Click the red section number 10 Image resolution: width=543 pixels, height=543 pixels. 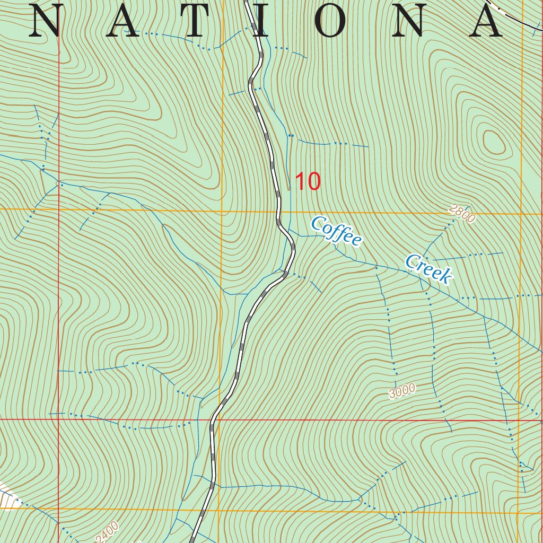308,182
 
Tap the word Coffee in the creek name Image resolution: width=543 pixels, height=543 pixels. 337,231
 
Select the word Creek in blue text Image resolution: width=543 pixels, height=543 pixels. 428,268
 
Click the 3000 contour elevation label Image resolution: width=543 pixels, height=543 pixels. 402,391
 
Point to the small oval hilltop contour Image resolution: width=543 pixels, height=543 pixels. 493,143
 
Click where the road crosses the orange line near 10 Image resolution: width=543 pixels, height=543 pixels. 278,211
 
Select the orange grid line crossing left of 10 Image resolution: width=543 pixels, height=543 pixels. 221,211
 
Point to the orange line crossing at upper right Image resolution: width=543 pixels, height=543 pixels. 522,214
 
